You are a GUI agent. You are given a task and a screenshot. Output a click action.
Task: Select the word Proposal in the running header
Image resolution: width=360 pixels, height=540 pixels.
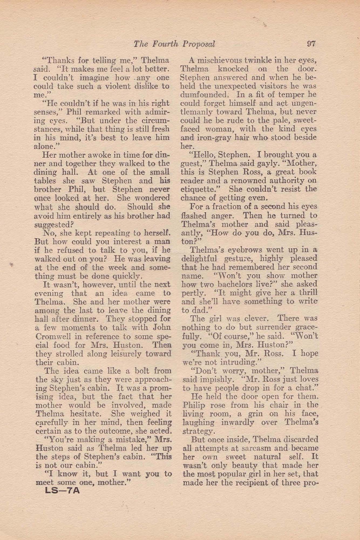(198, 44)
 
